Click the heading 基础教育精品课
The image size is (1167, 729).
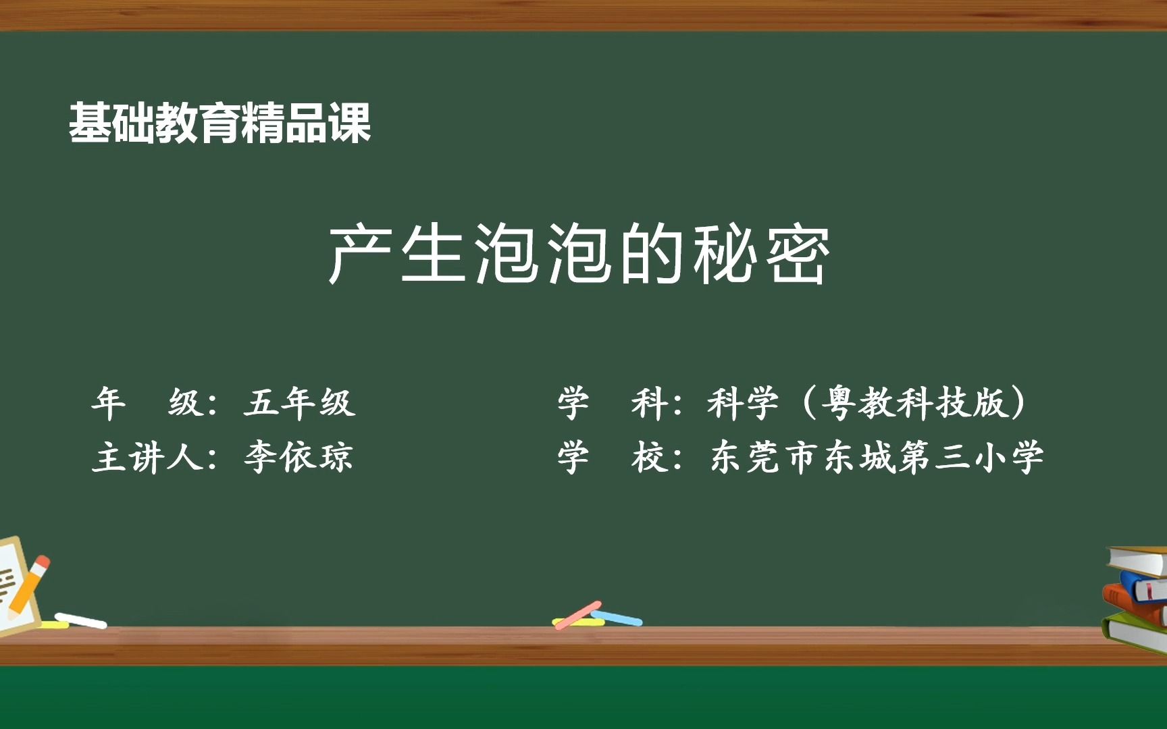point(219,124)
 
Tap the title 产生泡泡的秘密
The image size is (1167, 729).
point(579,254)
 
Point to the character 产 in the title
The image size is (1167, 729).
point(360,254)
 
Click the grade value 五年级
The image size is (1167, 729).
point(299,403)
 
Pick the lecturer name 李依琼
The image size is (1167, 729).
point(299,457)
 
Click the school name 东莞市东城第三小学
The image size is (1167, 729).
point(876,457)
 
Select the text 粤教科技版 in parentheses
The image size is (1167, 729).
point(915,403)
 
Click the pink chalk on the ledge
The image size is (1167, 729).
point(577,615)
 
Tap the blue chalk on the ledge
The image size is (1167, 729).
point(618,618)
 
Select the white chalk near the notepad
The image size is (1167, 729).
point(81,620)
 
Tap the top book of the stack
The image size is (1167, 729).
point(1138,560)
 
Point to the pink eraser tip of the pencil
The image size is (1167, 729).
point(43,562)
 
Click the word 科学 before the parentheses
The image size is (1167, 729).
point(743,403)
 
